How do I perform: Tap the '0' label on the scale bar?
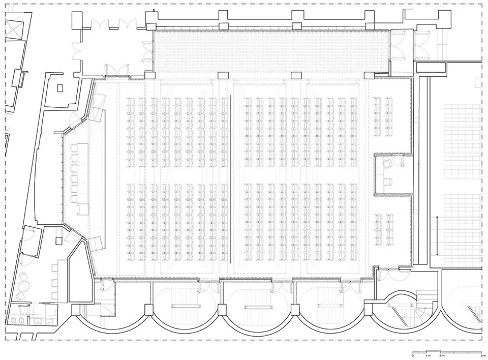[x=413, y=355]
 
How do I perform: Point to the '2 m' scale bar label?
[x=442, y=355]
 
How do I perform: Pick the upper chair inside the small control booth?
[x=388, y=163]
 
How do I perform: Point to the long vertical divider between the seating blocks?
[x=230, y=181]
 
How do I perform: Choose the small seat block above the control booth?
[x=383, y=116]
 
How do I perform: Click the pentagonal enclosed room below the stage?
[x=78, y=275]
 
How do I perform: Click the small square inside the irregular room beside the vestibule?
[x=59, y=88]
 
